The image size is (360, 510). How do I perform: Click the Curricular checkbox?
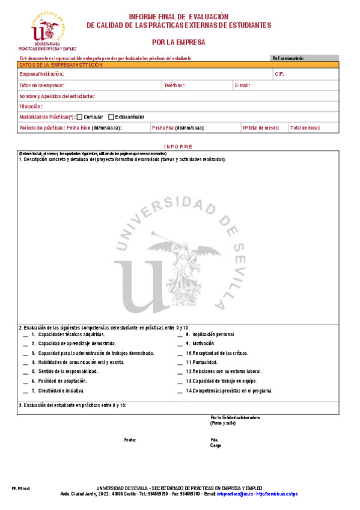coord(80,117)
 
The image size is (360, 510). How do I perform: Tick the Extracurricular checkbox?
coord(111,117)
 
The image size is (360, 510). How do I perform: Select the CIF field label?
coord(279,74)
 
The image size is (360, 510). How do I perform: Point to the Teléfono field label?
coord(174,85)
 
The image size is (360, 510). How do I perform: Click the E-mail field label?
coord(242,85)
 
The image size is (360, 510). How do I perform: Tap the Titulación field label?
coord(31,106)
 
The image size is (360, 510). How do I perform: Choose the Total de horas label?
coord(305,128)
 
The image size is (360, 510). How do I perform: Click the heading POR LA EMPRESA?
coord(178,43)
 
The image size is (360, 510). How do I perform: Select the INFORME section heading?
coord(178,147)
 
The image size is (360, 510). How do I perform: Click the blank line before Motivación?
coord(180,343)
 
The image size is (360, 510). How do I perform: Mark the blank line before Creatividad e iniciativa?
coord(25,391)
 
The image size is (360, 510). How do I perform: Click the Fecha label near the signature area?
coord(130,440)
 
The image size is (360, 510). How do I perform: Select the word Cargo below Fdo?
coord(216,446)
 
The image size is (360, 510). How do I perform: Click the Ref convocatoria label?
coord(288,58)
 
